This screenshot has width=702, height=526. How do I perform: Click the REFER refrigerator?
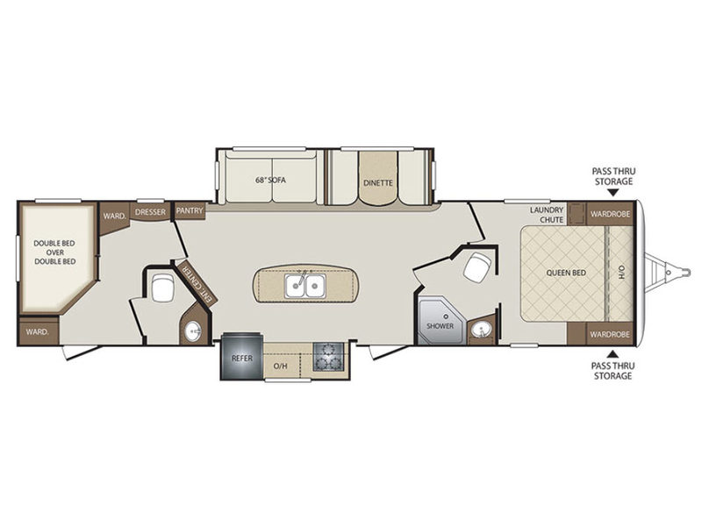(x=241, y=357)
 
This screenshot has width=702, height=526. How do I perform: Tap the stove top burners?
(x=328, y=357)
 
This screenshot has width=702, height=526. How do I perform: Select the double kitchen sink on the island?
(x=305, y=287)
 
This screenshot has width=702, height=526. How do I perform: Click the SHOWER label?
(x=441, y=325)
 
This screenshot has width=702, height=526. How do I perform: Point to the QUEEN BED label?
(x=566, y=273)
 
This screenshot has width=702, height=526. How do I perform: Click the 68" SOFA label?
(x=270, y=181)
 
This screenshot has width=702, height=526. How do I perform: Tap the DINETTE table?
(x=378, y=178)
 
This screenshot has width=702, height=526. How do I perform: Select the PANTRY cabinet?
(x=190, y=210)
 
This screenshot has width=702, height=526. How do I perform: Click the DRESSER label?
(x=150, y=211)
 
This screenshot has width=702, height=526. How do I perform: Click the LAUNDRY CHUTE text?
(x=547, y=215)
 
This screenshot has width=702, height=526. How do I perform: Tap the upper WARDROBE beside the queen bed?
(x=610, y=214)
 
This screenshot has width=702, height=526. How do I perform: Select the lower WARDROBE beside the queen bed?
(x=610, y=334)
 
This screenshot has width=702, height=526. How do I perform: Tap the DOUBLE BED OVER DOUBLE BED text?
(x=54, y=252)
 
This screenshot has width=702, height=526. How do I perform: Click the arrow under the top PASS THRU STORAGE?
(x=613, y=193)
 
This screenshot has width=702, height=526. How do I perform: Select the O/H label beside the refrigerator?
(x=280, y=366)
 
